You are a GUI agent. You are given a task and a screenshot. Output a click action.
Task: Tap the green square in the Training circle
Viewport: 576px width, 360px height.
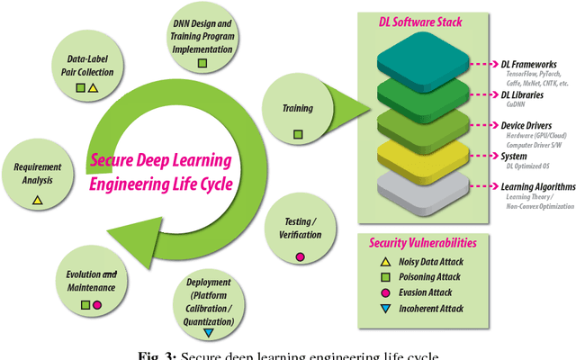point(298,134)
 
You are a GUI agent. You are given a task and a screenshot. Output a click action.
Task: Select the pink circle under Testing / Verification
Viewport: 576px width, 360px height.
point(301,256)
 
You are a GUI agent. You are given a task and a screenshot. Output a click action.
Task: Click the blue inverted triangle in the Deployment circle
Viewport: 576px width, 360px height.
point(208,333)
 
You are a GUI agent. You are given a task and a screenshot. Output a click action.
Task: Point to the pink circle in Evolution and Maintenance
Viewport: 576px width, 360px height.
point(96,305)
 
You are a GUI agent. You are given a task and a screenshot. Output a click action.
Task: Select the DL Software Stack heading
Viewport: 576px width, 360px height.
point(416,19)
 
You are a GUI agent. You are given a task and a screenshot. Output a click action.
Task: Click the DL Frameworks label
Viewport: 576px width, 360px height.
point(529,64)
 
